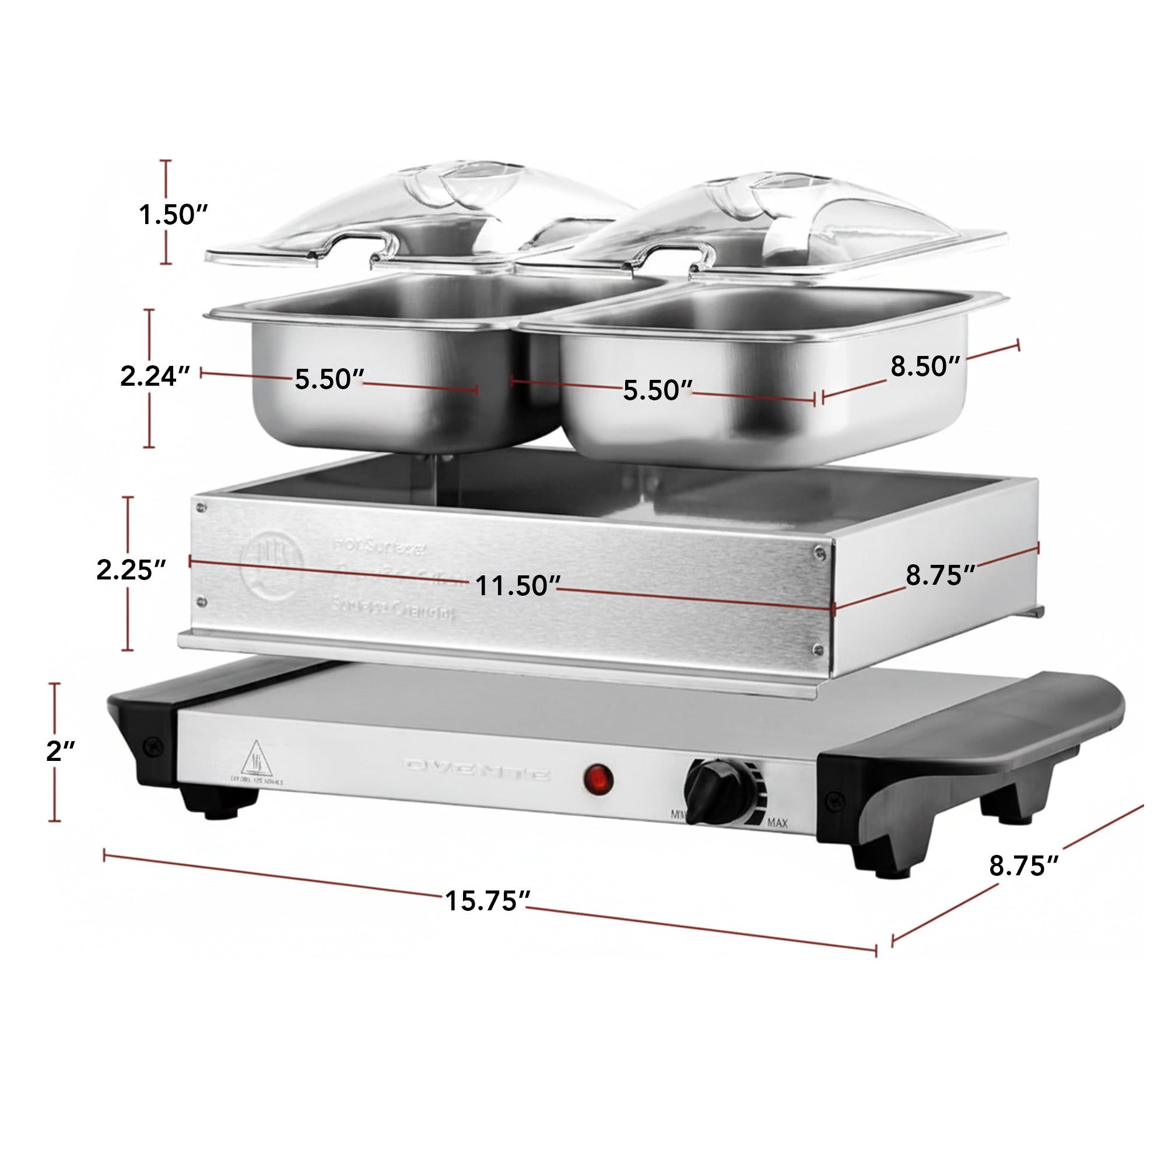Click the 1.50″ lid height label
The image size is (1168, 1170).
pos(173,214)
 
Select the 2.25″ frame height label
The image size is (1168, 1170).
pos(131,570)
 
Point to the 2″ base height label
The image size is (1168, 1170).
pos(61,752)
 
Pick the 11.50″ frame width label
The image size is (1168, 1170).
pos(517,586)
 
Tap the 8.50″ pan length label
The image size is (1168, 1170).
pos(925,366)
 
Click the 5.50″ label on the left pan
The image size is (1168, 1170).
pos(329,380)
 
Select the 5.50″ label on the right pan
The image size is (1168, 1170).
pos(657,390)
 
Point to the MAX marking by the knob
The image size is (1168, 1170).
pos(778,823)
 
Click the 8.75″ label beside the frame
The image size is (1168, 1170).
pos(941,576)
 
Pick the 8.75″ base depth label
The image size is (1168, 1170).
pos(1024,866)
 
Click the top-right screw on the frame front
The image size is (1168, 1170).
pos(820,551)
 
